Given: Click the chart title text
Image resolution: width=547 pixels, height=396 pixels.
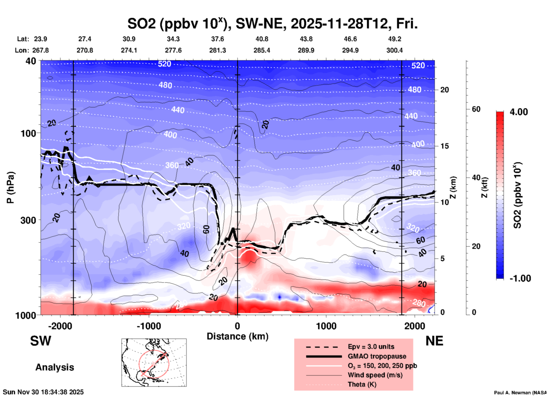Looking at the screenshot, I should click(x=272, y=24).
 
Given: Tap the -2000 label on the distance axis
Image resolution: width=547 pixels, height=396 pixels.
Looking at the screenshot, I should click(x=60, y=326).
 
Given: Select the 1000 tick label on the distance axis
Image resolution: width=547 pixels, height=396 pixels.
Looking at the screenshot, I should click(x=326, y=326).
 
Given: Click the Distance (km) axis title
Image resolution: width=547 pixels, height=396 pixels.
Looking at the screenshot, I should click(x=237, y=336).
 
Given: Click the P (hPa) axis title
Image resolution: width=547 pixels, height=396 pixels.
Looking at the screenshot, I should click(x=11, y=187).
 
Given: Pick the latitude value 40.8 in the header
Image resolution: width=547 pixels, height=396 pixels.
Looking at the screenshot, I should click(x=262, y=39).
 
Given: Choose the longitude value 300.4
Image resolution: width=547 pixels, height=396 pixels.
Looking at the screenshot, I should click(x=394, y=50).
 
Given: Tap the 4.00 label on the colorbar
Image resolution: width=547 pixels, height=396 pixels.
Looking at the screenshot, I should click(x=519, y=112).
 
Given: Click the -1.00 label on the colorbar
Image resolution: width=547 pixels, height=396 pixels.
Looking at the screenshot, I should click(x=520, y=278).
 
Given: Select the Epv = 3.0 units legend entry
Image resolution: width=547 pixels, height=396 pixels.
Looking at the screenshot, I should click(x=371, y=347).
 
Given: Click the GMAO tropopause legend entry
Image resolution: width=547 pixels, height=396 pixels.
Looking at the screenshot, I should click(x=377, y=356).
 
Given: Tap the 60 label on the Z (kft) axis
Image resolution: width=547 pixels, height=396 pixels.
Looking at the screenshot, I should click(x=476, y=109).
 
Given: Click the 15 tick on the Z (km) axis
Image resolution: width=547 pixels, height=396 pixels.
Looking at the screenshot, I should click(x=444, y=146).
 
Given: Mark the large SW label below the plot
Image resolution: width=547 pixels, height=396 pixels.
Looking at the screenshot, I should click(x=41, y=341).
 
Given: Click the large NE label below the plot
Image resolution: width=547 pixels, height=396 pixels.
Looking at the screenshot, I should click(x=434, y=341).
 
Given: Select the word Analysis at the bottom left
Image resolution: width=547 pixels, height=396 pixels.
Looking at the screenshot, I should click(x=55, y=367).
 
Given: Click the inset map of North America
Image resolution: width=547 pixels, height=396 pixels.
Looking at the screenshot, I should click(x=154, y=362).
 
